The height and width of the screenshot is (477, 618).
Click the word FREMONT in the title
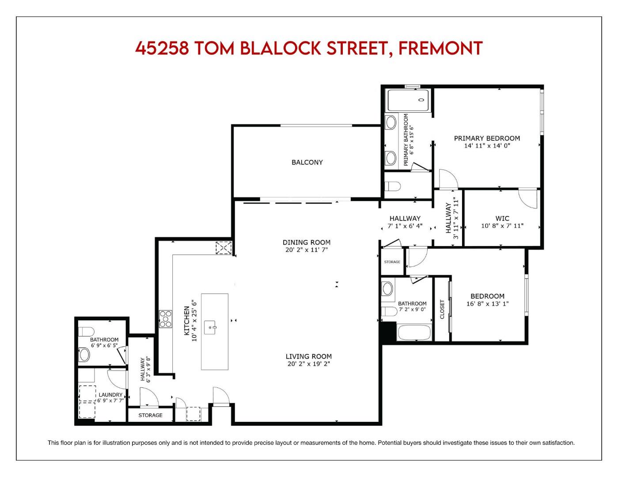click(440, 48)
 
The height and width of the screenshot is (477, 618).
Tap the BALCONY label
click(307, 162)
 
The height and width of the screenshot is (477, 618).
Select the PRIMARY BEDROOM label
click(487, 138)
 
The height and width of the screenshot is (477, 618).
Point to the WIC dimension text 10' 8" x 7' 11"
click(502, 226)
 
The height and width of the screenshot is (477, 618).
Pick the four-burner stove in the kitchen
click(166, 319)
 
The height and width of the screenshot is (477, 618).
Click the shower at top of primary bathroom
click(408, 100)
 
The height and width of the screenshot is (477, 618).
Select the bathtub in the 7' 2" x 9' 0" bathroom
click(414, 333)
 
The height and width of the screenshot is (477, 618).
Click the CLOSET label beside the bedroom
click(443, 309)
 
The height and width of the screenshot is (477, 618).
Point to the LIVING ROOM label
click(308, 356)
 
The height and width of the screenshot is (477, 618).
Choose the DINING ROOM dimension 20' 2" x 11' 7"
click(307, 250)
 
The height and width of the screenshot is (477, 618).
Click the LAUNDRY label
click(110, 394)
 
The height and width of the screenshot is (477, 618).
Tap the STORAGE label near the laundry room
click(150, 415)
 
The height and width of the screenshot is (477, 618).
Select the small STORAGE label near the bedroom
click(392, 262)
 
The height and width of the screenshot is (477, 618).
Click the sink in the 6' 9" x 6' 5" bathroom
click(84, 354)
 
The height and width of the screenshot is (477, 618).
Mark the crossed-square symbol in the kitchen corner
click(223, 248)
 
